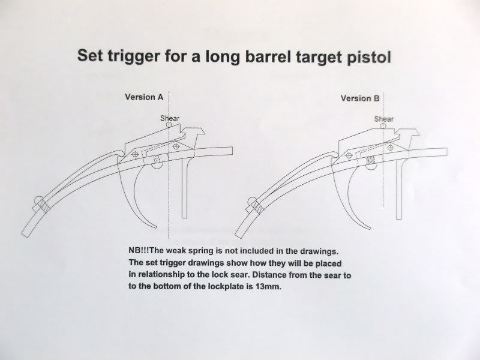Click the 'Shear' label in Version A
(170, 118)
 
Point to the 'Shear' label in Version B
(384, 119)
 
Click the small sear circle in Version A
(170, 125)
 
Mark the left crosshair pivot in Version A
(134, 155)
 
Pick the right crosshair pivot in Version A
(176, 146)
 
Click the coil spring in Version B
(371, 159)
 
